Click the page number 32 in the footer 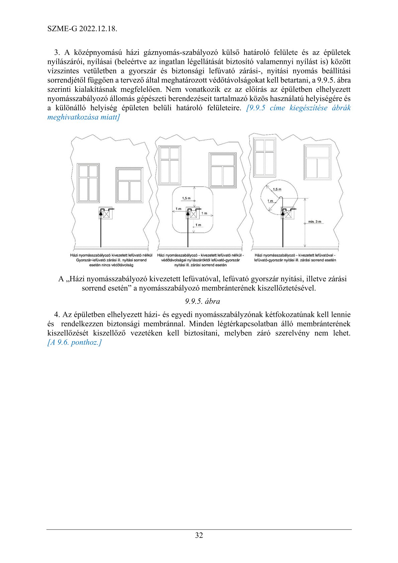click(199, 535)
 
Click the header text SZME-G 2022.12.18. click(82, 29)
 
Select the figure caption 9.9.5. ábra click(202, 301)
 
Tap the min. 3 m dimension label click(314, 221)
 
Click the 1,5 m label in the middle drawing click(186, 198)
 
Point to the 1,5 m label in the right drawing click(277, 189)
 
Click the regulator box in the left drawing click(105, 213)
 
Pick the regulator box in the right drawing click(287, 213)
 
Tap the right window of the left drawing click(130, 185)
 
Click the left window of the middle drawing click(170, 165)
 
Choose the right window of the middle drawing click(223, 170)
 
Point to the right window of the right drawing click(317, 162)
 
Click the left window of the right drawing click(265, 157)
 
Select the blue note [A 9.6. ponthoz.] click(74, 342)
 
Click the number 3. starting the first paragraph click(57, 53)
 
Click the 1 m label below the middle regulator click(198, 225)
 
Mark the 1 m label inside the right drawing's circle click(270, 201)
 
